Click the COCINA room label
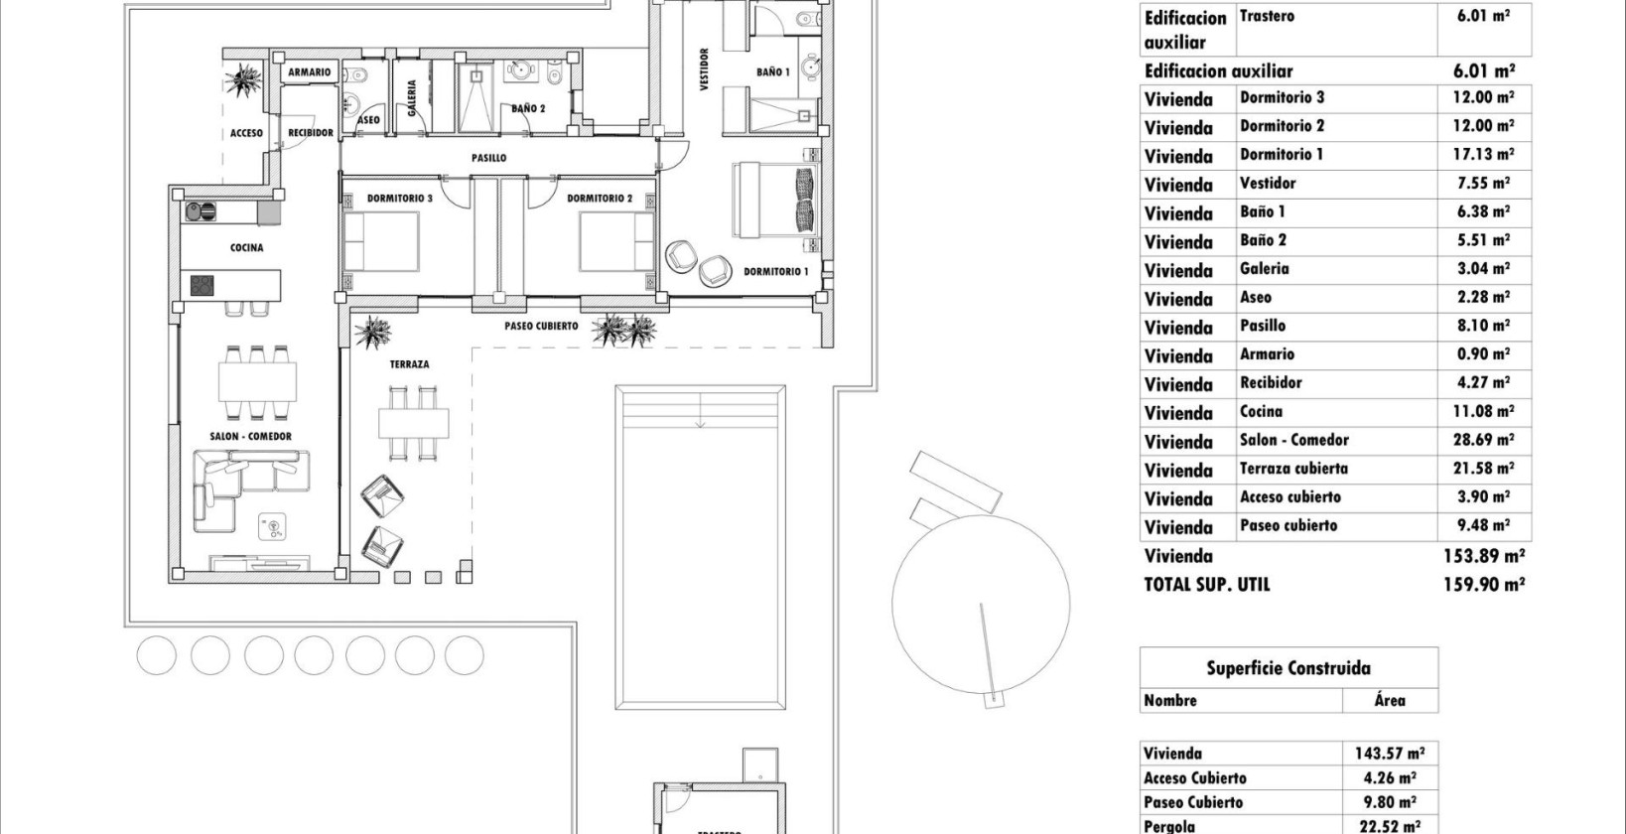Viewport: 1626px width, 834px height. tap(246, 248)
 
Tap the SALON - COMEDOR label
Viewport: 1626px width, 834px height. tap(250, 436)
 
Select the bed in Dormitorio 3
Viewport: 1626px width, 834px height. tap(381, 243)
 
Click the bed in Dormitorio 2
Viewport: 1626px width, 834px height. tap(616, 243)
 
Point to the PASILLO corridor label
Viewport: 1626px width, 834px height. tap(488, 158)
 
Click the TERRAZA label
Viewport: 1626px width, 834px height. tap(409, 364)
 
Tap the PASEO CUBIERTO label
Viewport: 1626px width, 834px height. tap(541, 326)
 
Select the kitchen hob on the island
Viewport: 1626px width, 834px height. tap(203, 286)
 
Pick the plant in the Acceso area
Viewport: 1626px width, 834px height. tap(242, 78)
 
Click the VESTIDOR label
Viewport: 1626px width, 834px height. tap(704, 69)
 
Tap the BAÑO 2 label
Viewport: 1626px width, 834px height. tap(528, 109)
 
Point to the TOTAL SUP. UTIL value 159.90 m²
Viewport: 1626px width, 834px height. tap(1483, 585)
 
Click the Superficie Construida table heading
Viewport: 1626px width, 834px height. tap(1287, 668)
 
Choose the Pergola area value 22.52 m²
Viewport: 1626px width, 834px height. tap(1389, 825)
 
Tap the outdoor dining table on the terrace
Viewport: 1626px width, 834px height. tap(413, 423)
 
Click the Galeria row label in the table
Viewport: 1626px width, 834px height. tap(1264, 269)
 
